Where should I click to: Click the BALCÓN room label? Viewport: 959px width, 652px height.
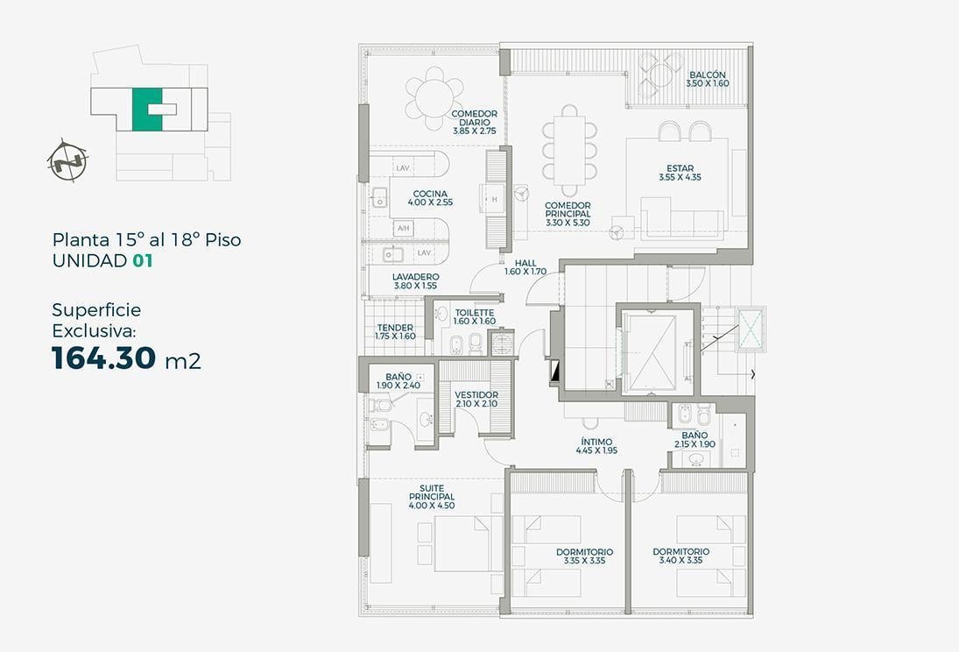coord(708,79)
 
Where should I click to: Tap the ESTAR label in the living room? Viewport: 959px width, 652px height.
coord(680,173)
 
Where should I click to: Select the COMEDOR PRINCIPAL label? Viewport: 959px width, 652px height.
coord(568,215)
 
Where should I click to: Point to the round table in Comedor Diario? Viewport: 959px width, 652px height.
coord(434,98)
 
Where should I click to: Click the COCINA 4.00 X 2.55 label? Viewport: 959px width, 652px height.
coord(430,198)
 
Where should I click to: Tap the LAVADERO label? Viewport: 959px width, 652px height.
coord(415,281)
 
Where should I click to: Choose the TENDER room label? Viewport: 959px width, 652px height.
coord(395,332)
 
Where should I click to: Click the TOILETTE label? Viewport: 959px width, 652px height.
coord(475,317)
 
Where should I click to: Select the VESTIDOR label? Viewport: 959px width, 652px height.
coord(476,399)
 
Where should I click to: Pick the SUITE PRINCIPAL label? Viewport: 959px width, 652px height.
coord(432,497)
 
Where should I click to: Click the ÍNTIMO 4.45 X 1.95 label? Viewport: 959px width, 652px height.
coord(596,446)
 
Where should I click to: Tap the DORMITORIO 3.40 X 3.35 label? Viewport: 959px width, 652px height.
coord(680,556)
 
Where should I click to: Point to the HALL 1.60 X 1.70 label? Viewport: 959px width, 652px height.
coord(525,267)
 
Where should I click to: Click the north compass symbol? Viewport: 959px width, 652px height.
coord(67,161)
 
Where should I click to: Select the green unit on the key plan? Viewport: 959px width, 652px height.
coord(147,110)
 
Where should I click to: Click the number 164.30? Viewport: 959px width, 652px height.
coord(103,358)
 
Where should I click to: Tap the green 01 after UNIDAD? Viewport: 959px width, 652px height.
coord(143,261)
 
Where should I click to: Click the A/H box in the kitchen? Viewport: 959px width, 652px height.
coord(403,229)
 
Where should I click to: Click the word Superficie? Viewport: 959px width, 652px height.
coord(96,310)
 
